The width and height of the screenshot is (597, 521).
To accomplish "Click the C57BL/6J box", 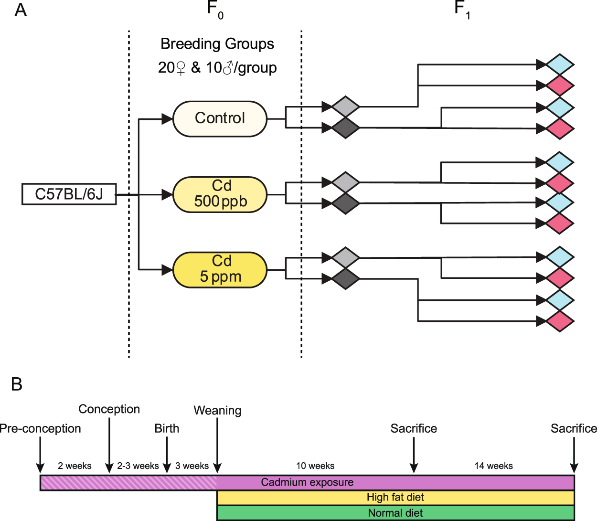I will point(69,194).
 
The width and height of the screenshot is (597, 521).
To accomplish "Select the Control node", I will point(220,118).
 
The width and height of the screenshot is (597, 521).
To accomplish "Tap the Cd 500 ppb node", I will point(220,194).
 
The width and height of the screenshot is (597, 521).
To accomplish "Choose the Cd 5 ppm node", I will point(220,270).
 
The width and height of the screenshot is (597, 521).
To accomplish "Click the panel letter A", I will point(20,10).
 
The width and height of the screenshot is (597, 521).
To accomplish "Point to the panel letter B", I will point(17,384).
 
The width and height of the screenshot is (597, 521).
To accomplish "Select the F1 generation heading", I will point(462,10).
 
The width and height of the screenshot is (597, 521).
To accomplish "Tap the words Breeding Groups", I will point(217,44).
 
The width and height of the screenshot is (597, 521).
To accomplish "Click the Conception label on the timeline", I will point(109,409).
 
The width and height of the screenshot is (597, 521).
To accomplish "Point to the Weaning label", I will point(217,411).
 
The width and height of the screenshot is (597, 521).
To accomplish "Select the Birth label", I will point(167,428).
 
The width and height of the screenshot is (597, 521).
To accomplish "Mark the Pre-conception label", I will point(40,428).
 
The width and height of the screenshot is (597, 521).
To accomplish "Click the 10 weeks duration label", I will point(315,466).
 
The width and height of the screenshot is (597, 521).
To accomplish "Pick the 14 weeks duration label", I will point(493,466).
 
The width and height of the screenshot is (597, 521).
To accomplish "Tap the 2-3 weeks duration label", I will point(138,466).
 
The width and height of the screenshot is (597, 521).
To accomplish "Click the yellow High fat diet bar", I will point(395,498).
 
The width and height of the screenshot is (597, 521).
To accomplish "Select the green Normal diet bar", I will point(395,513).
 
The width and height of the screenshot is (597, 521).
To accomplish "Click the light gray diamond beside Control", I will point(345,107).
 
